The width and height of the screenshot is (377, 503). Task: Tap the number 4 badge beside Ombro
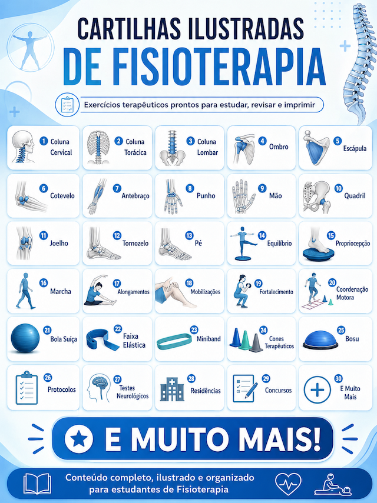click(263, 141)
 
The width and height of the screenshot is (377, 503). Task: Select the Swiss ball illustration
click(25, 338)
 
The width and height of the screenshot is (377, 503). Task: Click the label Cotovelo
click(62, 196)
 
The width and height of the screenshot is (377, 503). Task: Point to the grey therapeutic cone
click(256, 343)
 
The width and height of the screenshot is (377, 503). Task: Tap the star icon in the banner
click(79, 438)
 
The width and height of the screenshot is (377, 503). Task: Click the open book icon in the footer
click(37, 484)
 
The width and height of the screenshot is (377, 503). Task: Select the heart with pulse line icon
click(288, 484)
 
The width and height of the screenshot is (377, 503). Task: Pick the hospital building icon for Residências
click(172, 389)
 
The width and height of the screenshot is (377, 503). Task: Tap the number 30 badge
click(339, 378)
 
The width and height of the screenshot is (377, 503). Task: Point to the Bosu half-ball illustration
click(320, 340)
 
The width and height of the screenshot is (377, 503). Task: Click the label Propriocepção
click(353, 244)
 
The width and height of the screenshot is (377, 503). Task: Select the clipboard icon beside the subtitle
click(67, 105)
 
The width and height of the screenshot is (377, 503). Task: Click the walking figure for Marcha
click(25, 291)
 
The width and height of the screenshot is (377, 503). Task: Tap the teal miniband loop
click(174, 341)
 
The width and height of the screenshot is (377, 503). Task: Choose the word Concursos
click(278, 390)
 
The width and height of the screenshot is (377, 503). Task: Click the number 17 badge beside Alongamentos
click(117, 284)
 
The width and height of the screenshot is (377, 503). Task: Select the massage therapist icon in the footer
click(333, 484)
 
